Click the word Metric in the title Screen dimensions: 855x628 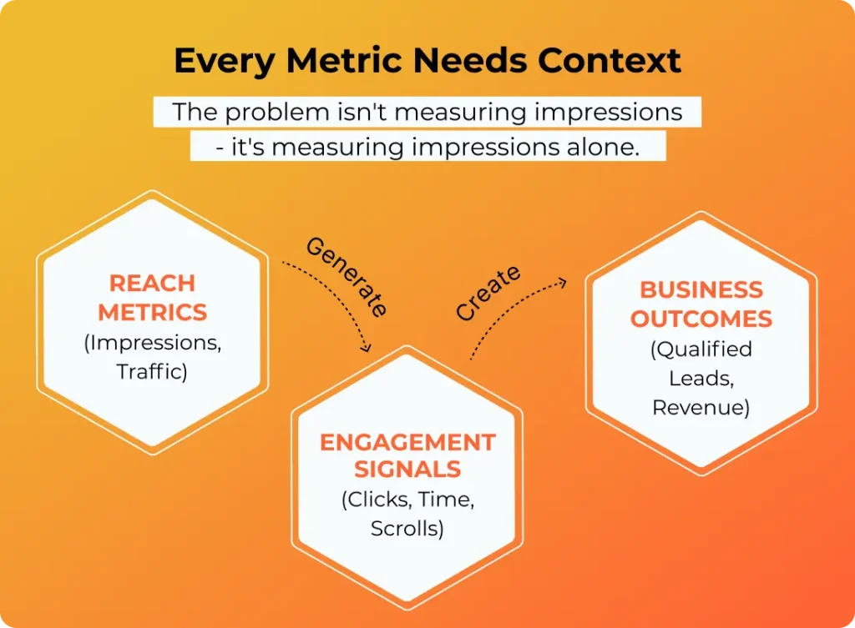click(x=344, y=60)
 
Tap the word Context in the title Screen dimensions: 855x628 click(x=610, y=60)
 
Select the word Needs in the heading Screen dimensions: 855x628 click(x=470, y=60)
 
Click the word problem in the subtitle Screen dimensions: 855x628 click(x=277, y=113)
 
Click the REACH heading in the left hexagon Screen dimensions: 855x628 click(x=152, y=284)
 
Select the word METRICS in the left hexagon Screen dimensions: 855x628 click(x=153, y=313)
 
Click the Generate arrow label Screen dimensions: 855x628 click(x=347, y=277)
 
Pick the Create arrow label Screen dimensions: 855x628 click(x=488, y=293)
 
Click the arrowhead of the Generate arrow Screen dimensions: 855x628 click(x=367, y=347)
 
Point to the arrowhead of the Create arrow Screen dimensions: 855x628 click(x=562, y=283)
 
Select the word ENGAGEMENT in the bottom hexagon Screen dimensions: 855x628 click(x=407, y=442)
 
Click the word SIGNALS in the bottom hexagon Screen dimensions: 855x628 click(x=407, y=469)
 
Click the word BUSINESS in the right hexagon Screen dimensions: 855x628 click(x=701, y=289)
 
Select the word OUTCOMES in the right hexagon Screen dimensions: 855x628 click(x=701, y=319)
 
